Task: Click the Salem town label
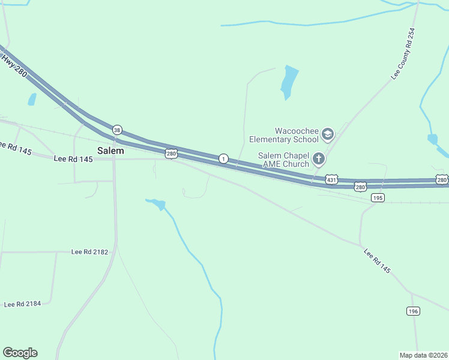[x=110, y=151]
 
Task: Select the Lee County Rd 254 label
[x=403, y=54]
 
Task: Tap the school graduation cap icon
[x=328, y=134]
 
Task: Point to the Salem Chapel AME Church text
[x=283, y=159]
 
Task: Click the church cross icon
[x=318, y=159]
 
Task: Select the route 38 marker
[x=117, y=130]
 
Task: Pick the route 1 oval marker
[x=223, y=158]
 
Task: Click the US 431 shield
[x=331, y=179]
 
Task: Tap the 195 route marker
[x=378, y=197]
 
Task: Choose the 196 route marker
[x=412, y=311]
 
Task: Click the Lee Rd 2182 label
[x=89, y=252]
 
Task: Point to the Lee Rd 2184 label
[x=22, y=304]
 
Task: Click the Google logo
[x=20, y=353]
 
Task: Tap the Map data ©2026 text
[x=423, y=355]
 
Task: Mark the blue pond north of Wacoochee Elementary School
[x=289, y=82]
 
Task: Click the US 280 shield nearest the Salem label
[x=172, y=154]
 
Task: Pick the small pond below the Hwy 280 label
[x=32, y=100]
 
